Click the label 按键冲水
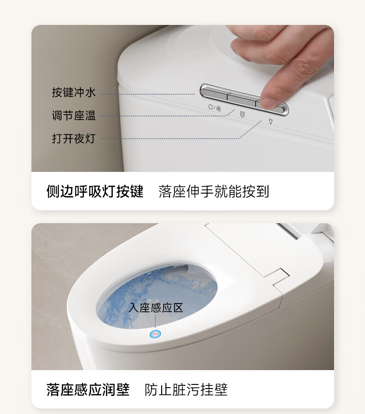pos(73,92)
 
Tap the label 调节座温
pos(73,116)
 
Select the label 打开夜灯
pos(73,139)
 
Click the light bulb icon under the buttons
pos(271,121)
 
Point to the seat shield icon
pos(242,114)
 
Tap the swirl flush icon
pos(218,108)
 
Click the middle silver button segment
pos(242,99)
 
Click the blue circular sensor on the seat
pos(155,334)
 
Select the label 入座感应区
pos(156,308)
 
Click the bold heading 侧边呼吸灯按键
pos(95,191)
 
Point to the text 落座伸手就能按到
pos(213,191)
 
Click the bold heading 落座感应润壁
pos(88,390)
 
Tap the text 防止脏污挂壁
pos(186,390)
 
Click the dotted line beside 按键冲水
pos(148,94)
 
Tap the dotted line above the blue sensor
pos(155,322)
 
